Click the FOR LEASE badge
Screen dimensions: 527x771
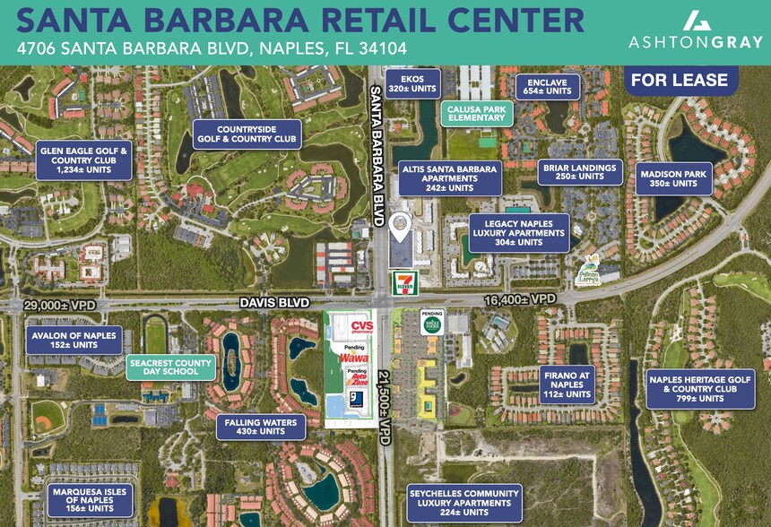click(679, 81)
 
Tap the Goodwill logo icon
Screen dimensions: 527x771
click(356, 400)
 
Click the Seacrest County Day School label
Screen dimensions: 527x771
click(169, 367)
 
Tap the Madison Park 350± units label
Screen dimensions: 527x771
click(673, 178)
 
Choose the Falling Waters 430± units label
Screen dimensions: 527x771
click(261, 426)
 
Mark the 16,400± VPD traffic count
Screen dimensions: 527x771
click(519, 298)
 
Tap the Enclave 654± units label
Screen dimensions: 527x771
click(548, 86)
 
